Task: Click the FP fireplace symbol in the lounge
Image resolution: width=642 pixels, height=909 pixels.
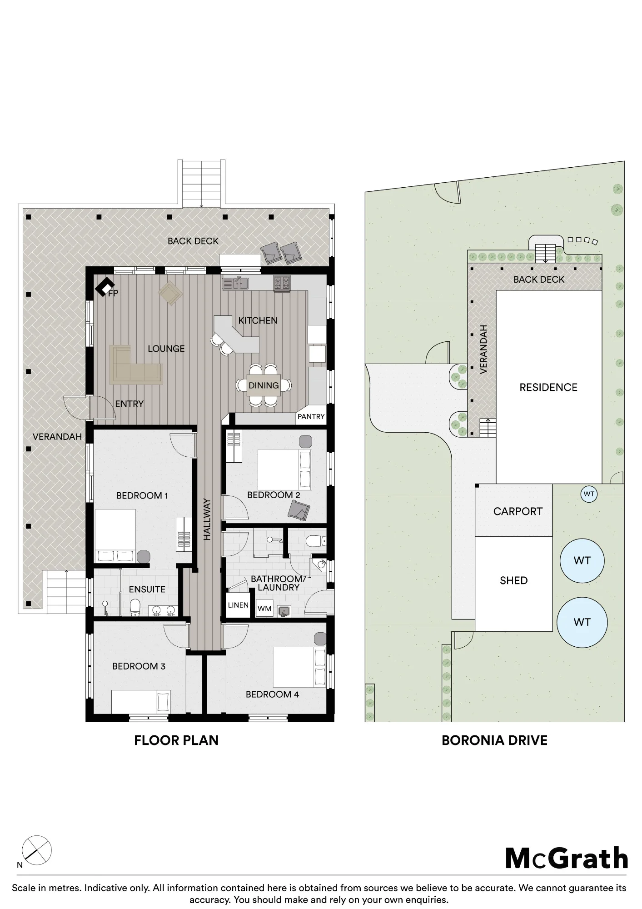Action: [x=104, y=287]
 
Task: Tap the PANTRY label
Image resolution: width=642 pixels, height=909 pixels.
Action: [x=311, y=416]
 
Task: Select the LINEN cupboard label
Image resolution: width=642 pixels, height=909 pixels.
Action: [x=238, y=605]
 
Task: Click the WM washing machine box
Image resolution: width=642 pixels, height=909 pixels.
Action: [x=264, y=608]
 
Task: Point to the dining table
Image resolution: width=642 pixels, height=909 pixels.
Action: [x=264, y=385]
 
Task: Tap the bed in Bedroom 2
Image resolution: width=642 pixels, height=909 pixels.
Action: [x=285, y=469]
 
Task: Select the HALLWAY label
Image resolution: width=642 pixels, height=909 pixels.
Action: [x=207, y=519]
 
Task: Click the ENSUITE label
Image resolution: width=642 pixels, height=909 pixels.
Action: [x=147, y=589]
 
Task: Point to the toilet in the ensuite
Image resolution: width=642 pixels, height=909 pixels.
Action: [x=134, y=608]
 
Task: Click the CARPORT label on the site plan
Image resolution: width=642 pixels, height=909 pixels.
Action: [x=518, y=511]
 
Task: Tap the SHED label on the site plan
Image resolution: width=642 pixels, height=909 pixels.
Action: [x=514, y=580]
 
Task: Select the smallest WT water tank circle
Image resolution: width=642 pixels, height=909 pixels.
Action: [x=589, y=494]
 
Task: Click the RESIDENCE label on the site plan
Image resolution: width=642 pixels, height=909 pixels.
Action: [x=548, y=387]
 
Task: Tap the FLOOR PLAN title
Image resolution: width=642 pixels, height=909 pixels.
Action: [x=176, y=740]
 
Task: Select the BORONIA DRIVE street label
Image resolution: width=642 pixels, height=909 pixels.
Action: [x=494, y=740]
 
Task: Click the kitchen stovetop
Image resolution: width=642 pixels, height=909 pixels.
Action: [x=282, y=283]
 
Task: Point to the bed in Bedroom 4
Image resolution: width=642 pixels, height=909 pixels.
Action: [x=299, y=667]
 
